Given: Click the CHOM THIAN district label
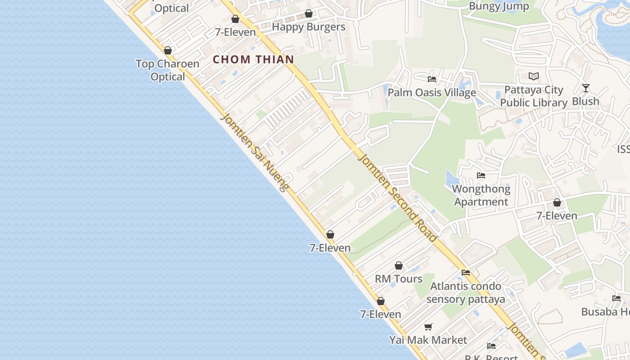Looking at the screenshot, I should click(x=253, y=59).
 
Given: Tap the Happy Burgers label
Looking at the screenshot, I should click(x=309, y=27).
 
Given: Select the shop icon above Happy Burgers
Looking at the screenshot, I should click(x=309, y=14).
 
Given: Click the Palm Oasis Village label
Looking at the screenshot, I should click(x=432, y=93).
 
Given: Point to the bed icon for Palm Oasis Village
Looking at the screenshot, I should click(x=432, y=79).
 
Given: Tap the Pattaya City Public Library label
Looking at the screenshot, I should click(x=534, y=96).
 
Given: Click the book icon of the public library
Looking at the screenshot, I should click(x=534, y=76).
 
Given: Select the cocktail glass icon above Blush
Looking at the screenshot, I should click(x=585, y=88).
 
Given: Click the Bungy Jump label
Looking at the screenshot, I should click(x=499, y=6).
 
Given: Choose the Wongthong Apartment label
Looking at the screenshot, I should click(x=481, y=195).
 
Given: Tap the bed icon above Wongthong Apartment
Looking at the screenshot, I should click(x=481, y=175).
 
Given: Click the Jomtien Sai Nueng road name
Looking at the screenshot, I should click(x=254, y=153).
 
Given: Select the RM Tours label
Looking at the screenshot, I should click(x=399, y=279).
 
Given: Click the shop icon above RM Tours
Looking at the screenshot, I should click(x=399, y=266).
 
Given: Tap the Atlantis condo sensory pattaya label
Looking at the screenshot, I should click(x=466, y=292).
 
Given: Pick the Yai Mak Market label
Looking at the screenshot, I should click(x=428, y=340).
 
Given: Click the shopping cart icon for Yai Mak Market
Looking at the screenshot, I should click(x=428, y=327).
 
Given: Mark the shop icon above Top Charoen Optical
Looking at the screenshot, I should click(x=168, y=51).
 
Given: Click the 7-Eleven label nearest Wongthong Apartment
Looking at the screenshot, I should click(x=557, y=216).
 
